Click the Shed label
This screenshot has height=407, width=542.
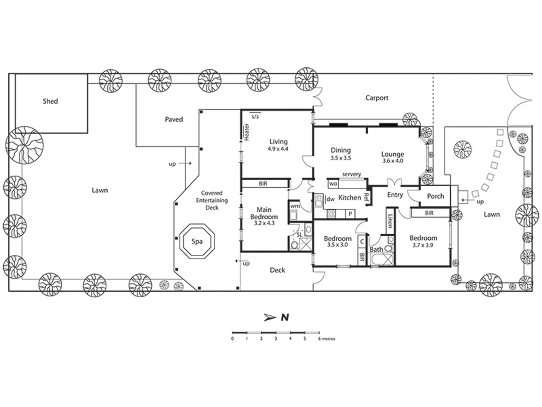click(x=50, y=101)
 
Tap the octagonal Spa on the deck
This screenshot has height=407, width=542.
click(x=197, y=242)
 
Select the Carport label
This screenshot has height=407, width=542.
click(x=376, y=98)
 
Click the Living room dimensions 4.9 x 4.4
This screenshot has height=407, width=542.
click(x=278, y=149)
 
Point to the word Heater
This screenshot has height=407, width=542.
click(x=247, y=132)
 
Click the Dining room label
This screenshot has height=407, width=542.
click(x=341, y=150)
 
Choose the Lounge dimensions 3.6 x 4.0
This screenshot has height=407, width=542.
click(x=393, y=161)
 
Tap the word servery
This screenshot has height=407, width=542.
click(x=352, y=174)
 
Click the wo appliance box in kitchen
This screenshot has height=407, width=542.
click(x=333, y=184)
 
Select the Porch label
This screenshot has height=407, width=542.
click(x=435, y=196)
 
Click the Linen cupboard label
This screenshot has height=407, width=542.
click(x=390, y=221)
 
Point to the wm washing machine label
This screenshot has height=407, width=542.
click(x=295, y=206)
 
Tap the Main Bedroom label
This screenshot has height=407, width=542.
click(x=264, y=213)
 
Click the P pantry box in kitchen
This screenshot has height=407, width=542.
click(x=350, y=214)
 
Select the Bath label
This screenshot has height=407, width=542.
click(x=376, y=249)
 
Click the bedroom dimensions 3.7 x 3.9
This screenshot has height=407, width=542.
click(x=423, y=245)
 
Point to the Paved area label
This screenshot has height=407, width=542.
click(x=174, y=119)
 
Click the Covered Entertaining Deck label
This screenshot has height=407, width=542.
click(x=212, y=200)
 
